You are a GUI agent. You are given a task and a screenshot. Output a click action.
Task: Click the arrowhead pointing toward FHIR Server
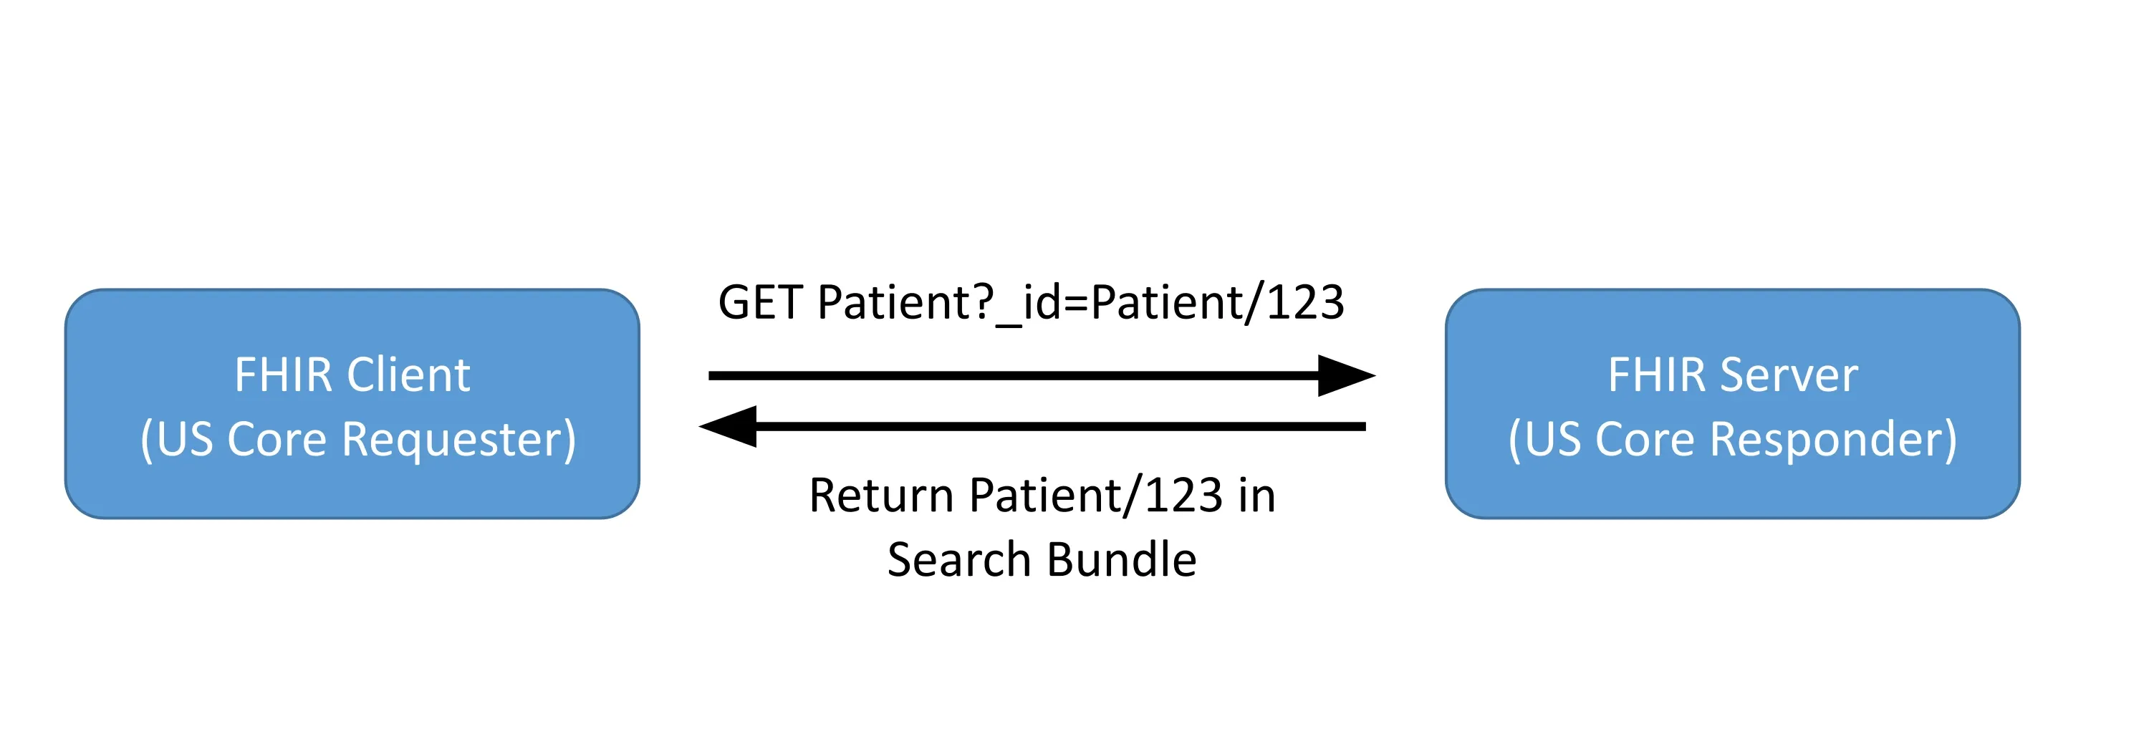click(x=1344, y=376)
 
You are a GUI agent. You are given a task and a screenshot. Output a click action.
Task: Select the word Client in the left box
click(x=409, y=375)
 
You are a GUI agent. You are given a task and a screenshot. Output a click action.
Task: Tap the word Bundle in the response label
click(x=1121, y=559)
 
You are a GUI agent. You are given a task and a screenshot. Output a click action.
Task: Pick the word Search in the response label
click(x=958, y=559)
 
